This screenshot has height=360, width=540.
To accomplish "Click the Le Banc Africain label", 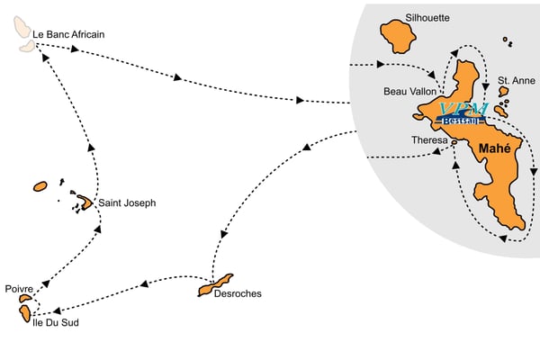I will pos(68,34).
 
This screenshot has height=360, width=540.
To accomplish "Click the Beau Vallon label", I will pos(409,91).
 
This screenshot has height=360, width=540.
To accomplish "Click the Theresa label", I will pos(428,140).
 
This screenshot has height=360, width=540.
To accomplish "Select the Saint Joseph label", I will pos(127,203).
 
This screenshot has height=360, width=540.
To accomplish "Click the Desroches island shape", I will pos(215,286).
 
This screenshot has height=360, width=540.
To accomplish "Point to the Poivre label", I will pos(19,289).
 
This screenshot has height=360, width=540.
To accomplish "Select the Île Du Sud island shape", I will pos(22,313).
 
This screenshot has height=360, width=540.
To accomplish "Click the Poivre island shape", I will pos(25,299).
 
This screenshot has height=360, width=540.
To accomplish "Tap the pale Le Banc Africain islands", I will pos(20,28).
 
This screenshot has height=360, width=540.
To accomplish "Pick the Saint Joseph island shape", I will pos(84,202).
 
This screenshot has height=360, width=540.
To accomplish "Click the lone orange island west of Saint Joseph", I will pos(40,186).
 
